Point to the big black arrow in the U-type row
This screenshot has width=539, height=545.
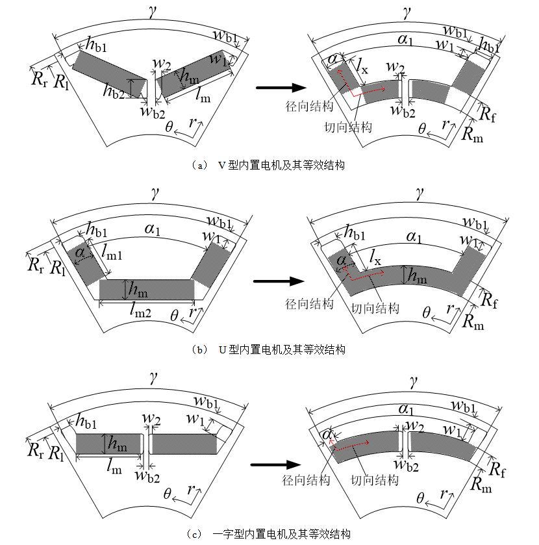click(x=278, y=281)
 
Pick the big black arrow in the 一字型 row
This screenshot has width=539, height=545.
click(x=275, y=464)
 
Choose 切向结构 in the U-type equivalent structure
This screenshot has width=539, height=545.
click(x=375, y=307)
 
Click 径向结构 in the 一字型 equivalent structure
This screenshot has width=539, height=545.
click(x=306, y=480)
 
